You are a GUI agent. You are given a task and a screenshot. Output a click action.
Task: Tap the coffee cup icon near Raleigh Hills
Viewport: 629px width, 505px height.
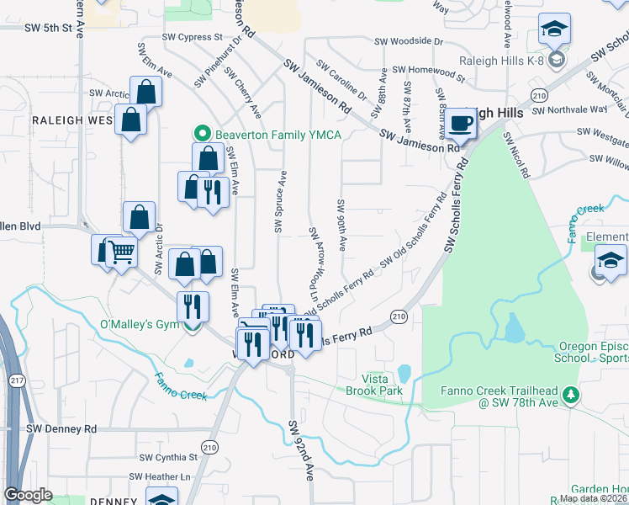click(460, 124)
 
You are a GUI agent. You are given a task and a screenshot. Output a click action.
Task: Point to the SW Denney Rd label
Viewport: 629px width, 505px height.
click(61, 428)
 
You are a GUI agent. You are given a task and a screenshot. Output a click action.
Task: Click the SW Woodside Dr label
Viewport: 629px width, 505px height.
click(408, 40)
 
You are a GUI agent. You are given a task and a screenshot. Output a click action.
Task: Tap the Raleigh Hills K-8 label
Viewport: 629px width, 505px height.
click(500, 61)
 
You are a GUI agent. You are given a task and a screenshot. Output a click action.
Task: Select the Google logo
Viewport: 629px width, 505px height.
click(28, 495)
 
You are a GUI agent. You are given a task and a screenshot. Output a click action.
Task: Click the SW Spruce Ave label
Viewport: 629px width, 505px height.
click(280, 202)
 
